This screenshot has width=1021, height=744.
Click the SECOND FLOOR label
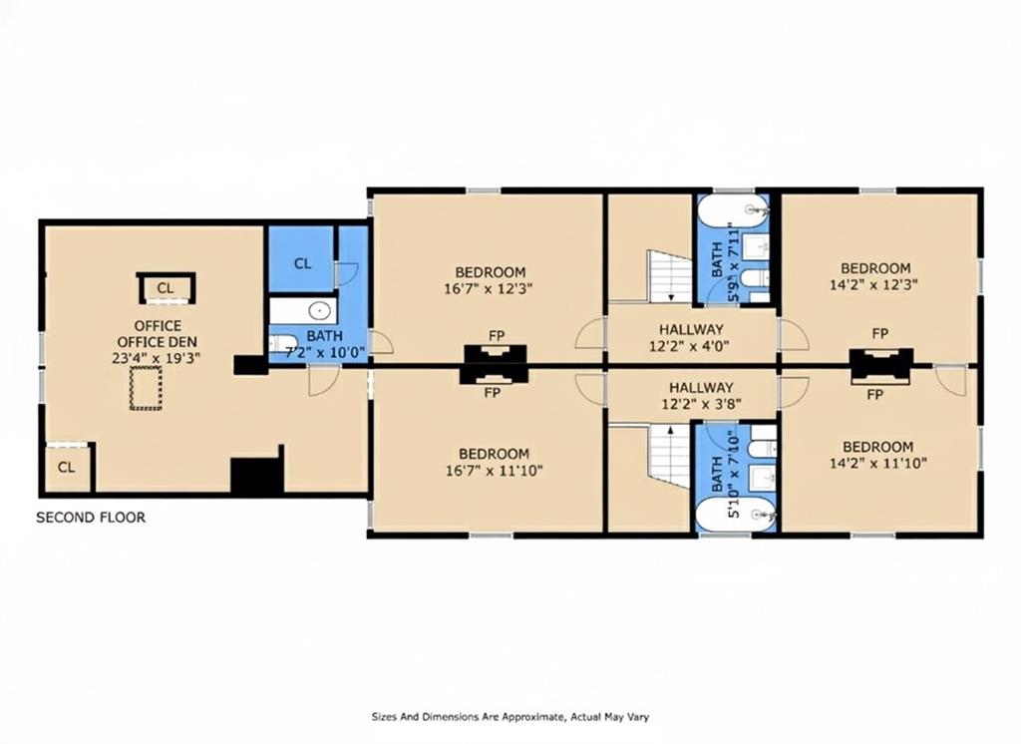point(91,518)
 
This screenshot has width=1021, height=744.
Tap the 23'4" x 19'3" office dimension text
point(156,358)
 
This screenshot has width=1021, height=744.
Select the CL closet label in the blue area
point(303,264)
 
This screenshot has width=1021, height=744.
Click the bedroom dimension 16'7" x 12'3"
point(489,288)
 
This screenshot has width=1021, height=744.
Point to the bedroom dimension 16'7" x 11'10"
point(495,471)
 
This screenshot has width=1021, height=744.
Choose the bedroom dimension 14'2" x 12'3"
point(873,284)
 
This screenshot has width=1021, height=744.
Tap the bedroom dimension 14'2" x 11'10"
point(878,463)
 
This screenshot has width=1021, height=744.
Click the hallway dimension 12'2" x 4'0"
point(689,346)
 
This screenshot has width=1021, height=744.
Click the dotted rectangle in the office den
point(146,388)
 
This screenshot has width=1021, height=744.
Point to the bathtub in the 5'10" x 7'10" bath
point(735,516)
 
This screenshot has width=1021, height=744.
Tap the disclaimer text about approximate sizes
point(510,717)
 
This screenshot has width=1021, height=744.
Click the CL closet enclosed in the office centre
point(166,288)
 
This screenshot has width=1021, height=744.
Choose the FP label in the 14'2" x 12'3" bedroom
point(880,333)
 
